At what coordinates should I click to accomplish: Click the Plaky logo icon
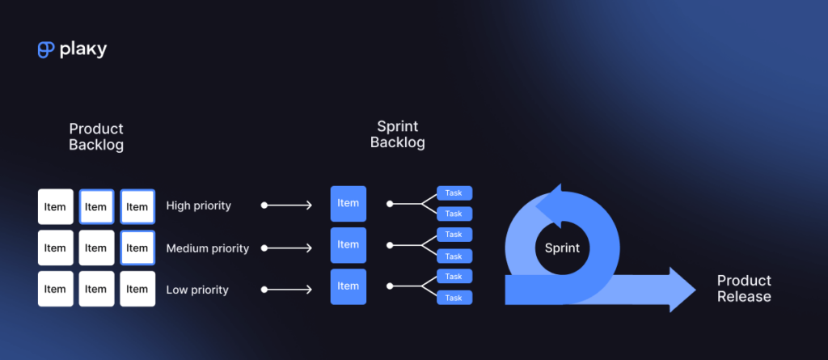(x=45, y=50)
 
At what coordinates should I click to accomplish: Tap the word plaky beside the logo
(x=82, y=50)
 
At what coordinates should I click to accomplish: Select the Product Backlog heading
(x=96, y=137)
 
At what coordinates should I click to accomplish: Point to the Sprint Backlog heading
(x=398, y=134)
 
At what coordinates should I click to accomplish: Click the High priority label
(x=198, y=205)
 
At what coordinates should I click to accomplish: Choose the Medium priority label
(x=207, y=248)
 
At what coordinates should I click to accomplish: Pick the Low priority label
(x=196, y=290)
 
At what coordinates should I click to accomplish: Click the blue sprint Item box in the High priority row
(x=349, y=204)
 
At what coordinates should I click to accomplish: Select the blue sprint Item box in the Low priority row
(x=349, y=286)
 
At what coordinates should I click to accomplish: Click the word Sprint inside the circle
(x=562, y=248)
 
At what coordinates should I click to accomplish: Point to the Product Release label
(x=744, y=289)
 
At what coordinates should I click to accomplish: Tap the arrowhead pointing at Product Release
(x=681, y=289)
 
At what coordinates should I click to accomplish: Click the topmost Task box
(x=454, y=193)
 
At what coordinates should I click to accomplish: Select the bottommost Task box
(x=454, y=298)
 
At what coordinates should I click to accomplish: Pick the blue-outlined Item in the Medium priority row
(x=137, y=248)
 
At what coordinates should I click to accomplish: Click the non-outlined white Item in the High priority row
(x=55, y=207)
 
